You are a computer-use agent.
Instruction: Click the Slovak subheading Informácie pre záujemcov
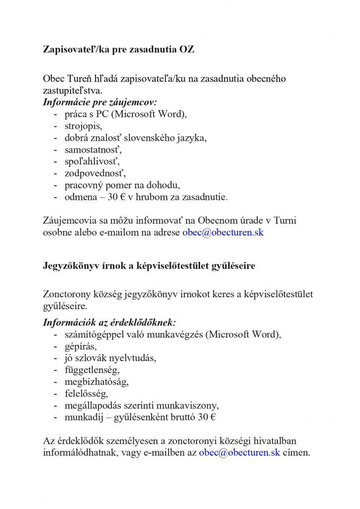[x=99, y=103]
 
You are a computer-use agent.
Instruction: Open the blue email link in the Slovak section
[x=223, y=232]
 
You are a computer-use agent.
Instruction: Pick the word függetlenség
[x=92, y=370]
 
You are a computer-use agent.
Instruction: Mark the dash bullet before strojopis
[x=55, y=126]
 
